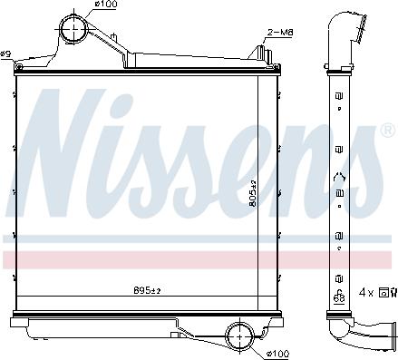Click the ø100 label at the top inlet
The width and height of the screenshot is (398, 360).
pyautogui.click(x=107, y=5)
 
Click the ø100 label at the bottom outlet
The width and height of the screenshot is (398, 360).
pyautogui.click(x=277, y=352)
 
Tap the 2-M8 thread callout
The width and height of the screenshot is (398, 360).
pyautogui.click(x=279, y=33)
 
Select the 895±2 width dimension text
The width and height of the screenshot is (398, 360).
pyautogui.click(x=147, y=290)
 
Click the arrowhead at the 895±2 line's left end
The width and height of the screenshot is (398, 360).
pyautogui.click(x=20, y=296)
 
